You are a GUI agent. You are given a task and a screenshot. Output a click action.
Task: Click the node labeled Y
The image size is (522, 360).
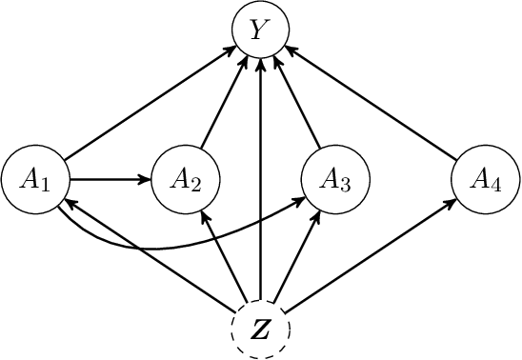click(260, 30)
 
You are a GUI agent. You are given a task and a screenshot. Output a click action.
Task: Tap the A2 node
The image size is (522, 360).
click(186, 178)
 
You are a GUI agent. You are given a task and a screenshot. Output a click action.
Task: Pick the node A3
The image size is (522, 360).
click(334, 178)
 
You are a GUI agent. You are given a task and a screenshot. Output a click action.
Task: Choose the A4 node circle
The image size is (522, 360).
click(485, 178)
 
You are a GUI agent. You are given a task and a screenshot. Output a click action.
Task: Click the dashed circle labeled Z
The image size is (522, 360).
click(260, 329)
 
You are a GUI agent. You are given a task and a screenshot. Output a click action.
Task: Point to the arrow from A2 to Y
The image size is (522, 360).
click(223, 105)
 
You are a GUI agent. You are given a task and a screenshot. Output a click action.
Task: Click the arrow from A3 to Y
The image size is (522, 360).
click(297, 105)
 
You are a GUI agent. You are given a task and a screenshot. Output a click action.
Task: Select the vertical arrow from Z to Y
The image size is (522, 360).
click(260, 181)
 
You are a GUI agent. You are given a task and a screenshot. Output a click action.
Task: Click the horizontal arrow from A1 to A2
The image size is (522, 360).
click(110, 178)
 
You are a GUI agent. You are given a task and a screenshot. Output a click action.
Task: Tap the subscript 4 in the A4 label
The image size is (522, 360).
click(496, 184)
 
